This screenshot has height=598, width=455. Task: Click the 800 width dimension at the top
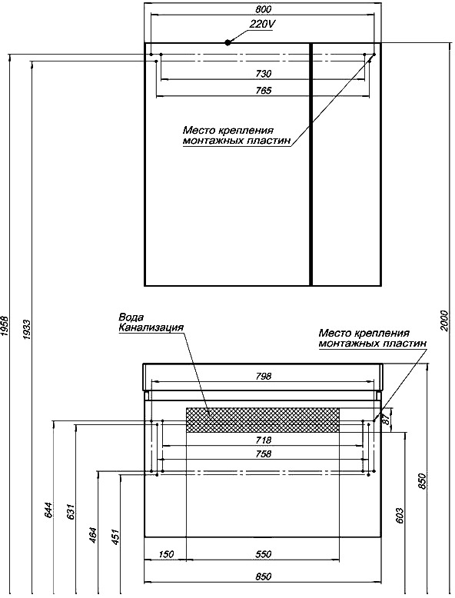[263, 9]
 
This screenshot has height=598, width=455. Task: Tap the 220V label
[262, 24]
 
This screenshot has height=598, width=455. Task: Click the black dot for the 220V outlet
[228, 42]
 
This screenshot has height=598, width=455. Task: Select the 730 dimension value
[263, 73]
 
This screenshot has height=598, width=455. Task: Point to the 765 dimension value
[263, 91]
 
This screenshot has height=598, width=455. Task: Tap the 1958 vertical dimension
[5, 326]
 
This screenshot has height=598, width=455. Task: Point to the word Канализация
[151, 327]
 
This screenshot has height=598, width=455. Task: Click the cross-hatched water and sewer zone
[262, 420]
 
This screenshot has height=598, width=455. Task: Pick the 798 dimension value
[263, 376]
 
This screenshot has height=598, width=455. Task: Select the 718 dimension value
[263, 440]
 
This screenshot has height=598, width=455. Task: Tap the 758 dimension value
[263, 453]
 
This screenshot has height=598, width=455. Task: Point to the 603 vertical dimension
[400, 516]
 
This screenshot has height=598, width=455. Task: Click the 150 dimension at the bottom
[165, 553]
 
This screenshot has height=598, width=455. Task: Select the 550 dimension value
[263, 553]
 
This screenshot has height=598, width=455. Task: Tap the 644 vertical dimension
[48, 510]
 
